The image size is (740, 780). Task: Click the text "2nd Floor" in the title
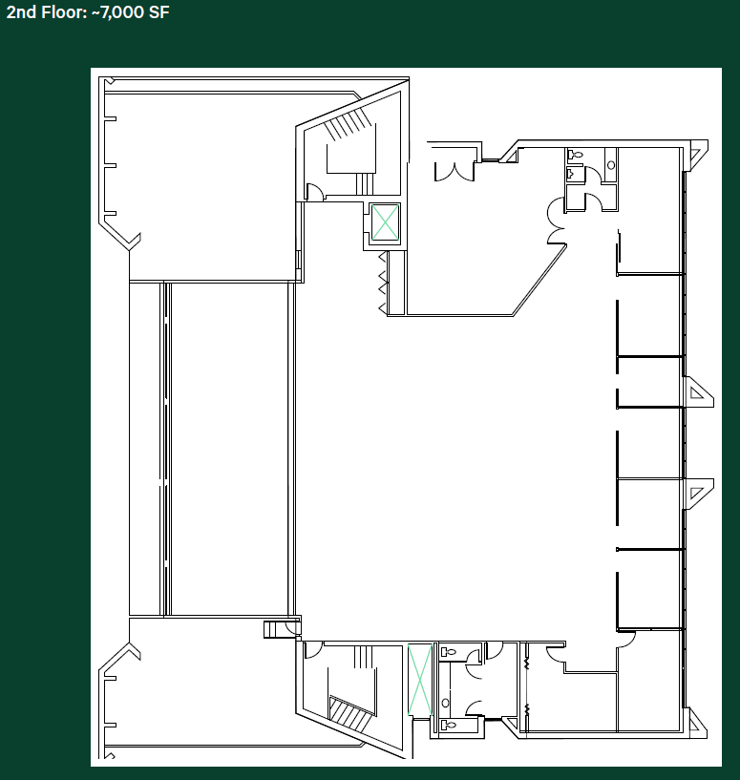tap(38, 13)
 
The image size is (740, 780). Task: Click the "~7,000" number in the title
tap(113, 13)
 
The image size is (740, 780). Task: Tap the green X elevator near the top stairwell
tap(385, 223)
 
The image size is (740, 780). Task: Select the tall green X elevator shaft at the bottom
tap(418, 679)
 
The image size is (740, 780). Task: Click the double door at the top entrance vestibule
tap(454, 171)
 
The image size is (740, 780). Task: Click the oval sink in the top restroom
tap(611, 165)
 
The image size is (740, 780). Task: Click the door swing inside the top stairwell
tap(312, 191)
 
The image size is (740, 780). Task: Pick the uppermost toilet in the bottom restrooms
tap(448, 652)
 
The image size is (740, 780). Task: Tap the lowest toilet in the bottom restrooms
tap(449, 726)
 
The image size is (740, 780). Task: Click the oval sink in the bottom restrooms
tap(445, 703)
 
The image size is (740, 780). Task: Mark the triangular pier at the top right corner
tap(697, 152)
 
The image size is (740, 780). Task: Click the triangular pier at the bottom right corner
tap(697, 725)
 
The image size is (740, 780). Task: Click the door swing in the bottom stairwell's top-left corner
tap(311, 650)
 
